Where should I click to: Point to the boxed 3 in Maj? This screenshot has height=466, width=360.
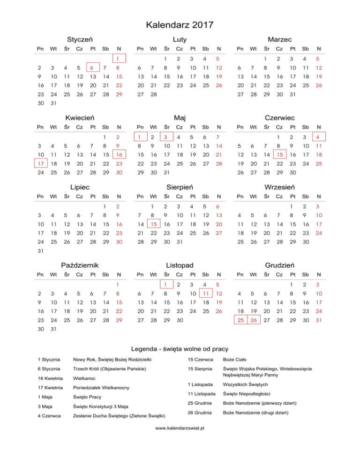pyautogui.click(x=165, y=137)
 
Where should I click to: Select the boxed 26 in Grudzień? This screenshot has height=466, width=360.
pyautogui.click(x=253, y=320)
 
